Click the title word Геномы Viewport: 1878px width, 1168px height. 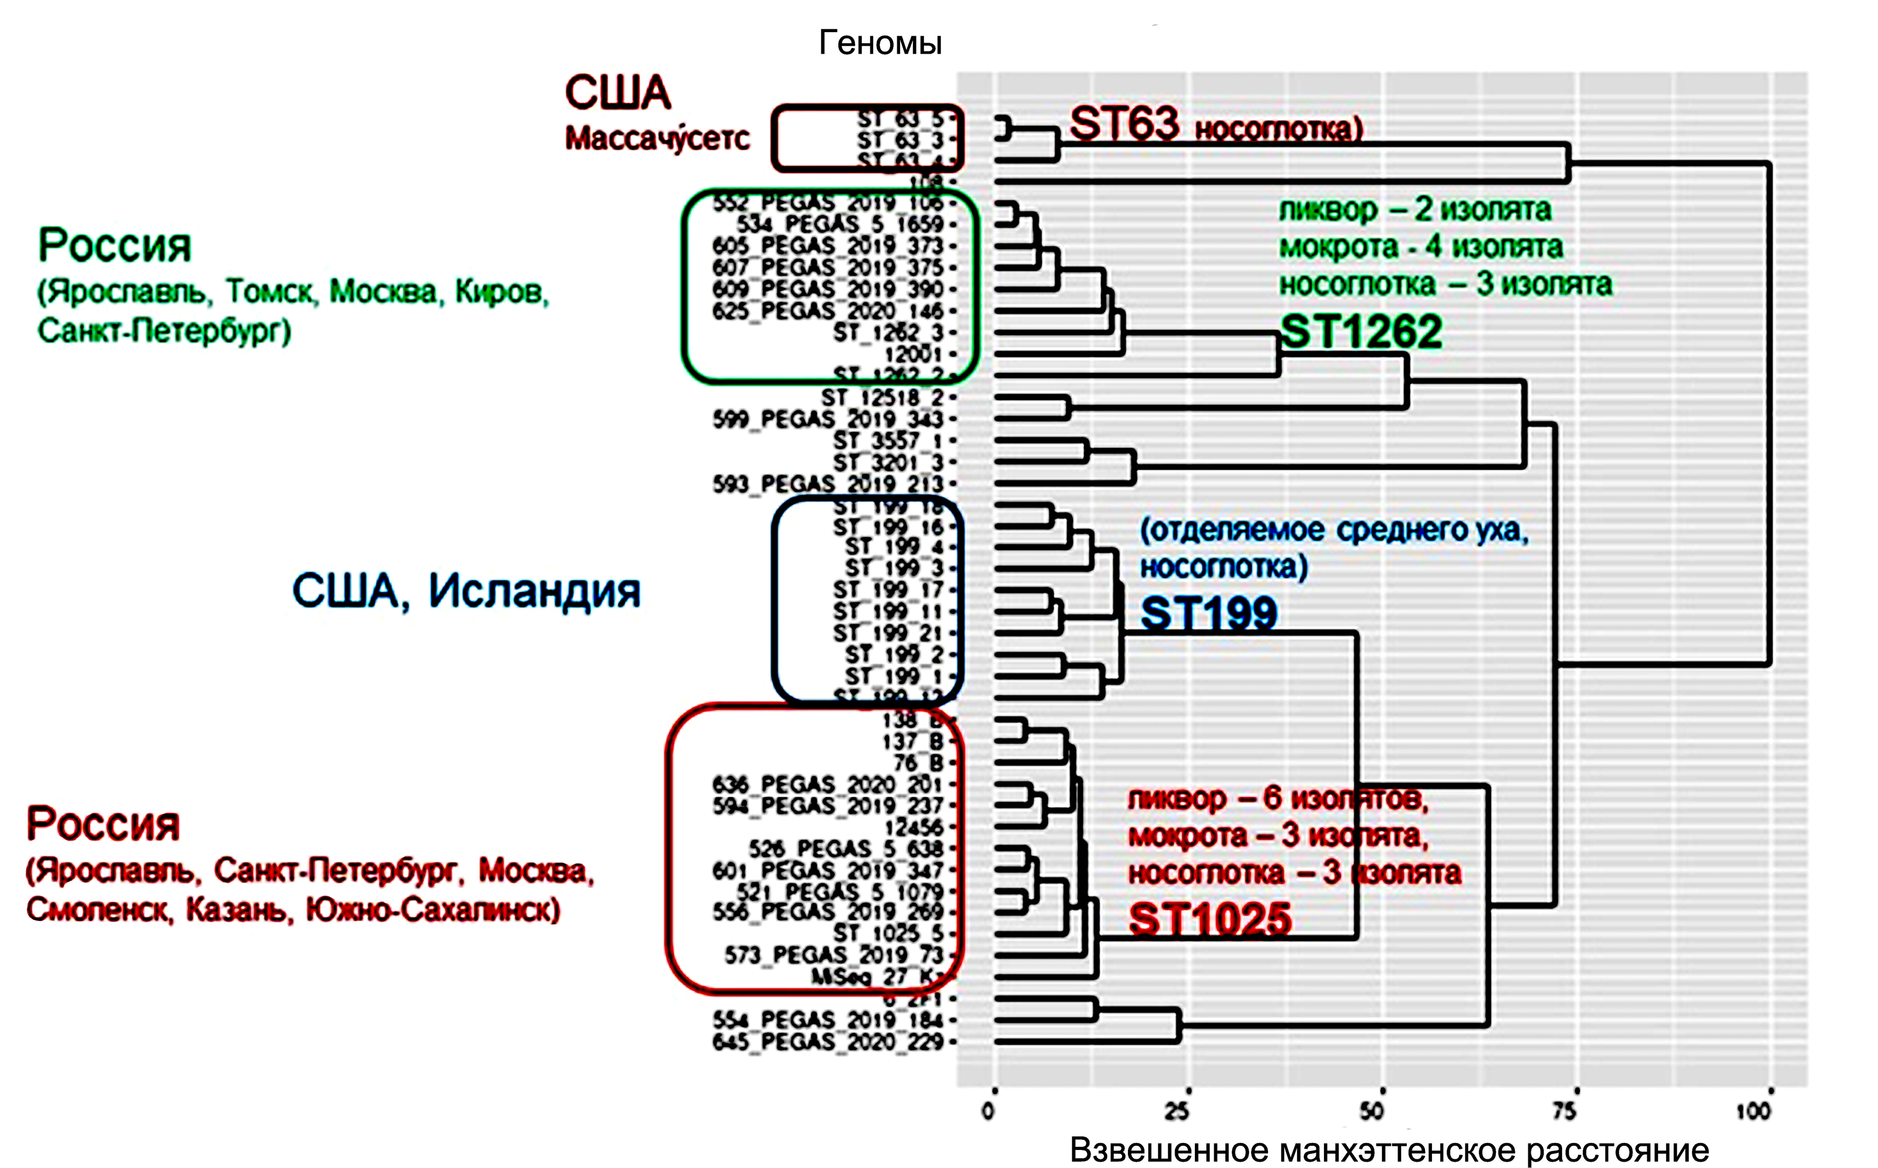coord(880,43)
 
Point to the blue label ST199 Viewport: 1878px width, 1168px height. coord(1208,614)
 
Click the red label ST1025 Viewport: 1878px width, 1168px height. coord(1209,919)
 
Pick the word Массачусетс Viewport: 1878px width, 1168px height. coord(657,138)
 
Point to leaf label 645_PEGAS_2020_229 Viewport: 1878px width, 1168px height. coord(828,1041)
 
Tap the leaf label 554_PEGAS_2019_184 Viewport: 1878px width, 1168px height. coord(828,1020)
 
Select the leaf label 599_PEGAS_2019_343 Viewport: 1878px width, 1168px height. coord(828,419)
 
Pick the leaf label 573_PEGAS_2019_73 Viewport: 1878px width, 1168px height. coord(834,955)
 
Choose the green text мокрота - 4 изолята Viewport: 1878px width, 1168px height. coord(1421,247)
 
